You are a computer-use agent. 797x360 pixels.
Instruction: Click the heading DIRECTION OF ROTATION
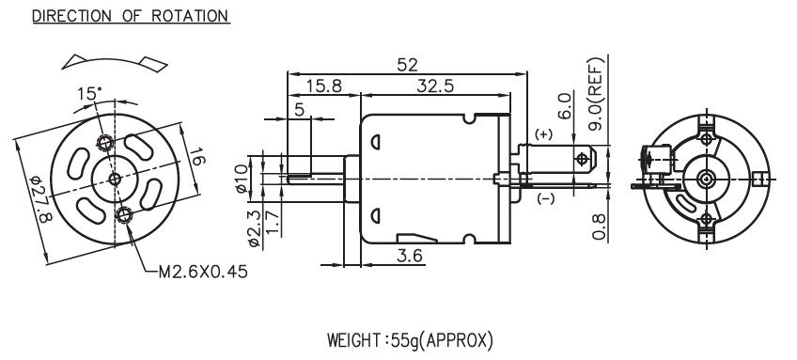coord(131,16)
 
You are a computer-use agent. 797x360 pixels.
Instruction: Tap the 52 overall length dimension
coord(407,65)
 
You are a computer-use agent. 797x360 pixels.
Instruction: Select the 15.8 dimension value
coord(323,86)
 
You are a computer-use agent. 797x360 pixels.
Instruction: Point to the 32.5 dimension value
coord(435,86)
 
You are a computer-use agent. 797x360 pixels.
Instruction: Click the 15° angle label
coord(89,94)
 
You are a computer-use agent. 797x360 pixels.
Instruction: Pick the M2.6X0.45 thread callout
coord(203,272)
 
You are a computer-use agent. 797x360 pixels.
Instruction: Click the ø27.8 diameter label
coord(41,199)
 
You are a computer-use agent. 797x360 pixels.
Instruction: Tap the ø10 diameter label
coord(242,178)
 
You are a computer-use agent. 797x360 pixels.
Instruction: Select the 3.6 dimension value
coord(410,256)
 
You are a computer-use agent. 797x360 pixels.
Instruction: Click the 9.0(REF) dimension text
coord(596,93)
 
